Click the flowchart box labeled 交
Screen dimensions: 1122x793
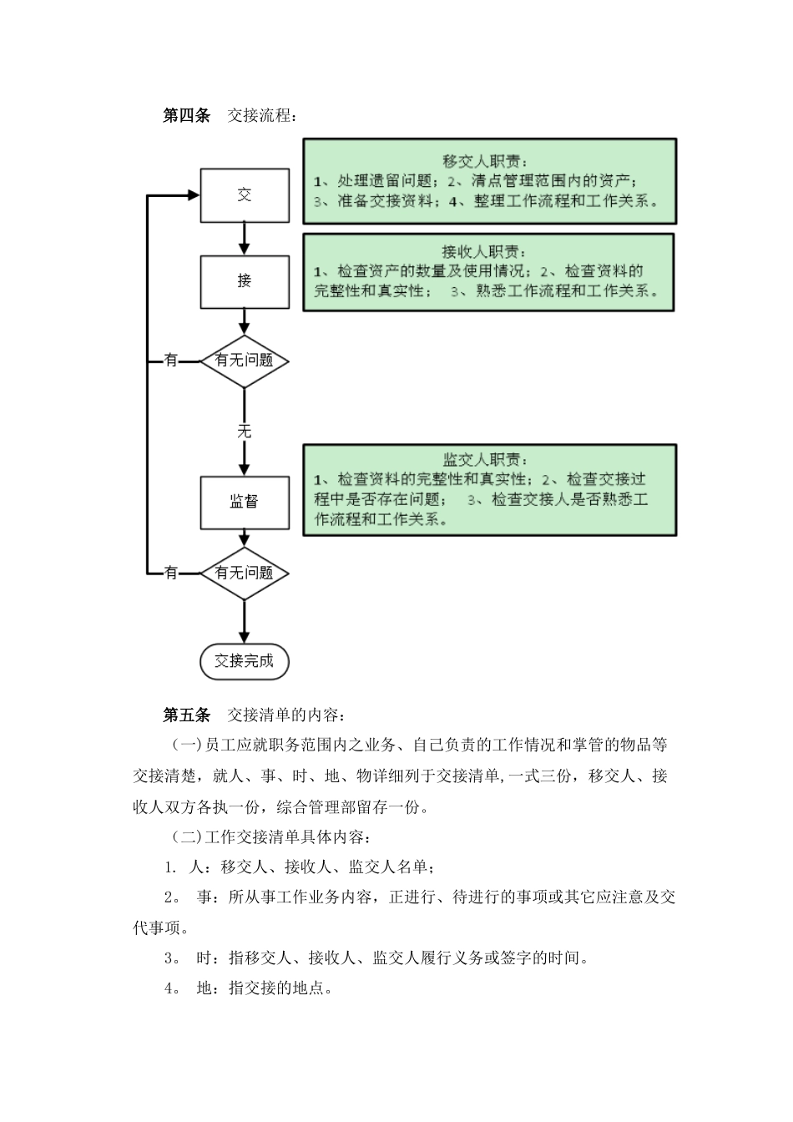pos(245,195)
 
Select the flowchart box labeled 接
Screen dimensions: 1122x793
pos(245,281)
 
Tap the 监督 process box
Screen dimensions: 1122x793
pos(245,502)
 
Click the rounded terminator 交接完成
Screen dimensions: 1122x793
pos(244,661)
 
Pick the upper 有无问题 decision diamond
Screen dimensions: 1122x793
pos(244,361)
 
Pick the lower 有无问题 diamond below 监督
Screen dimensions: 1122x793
pos(244,574)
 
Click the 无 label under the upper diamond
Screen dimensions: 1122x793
pos(244,432)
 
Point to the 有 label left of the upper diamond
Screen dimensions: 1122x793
pos(171,361)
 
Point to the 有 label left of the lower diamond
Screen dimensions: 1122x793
pos(171,574)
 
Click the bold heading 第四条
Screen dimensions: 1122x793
pos(186,115)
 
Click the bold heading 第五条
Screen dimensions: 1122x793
pos(186,715)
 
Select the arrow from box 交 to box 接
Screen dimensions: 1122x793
pos(244,239)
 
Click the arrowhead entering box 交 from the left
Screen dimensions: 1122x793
pos(194,195)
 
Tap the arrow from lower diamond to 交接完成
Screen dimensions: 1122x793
pos(244,623)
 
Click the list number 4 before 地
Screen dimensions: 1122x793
pos(169,988)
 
